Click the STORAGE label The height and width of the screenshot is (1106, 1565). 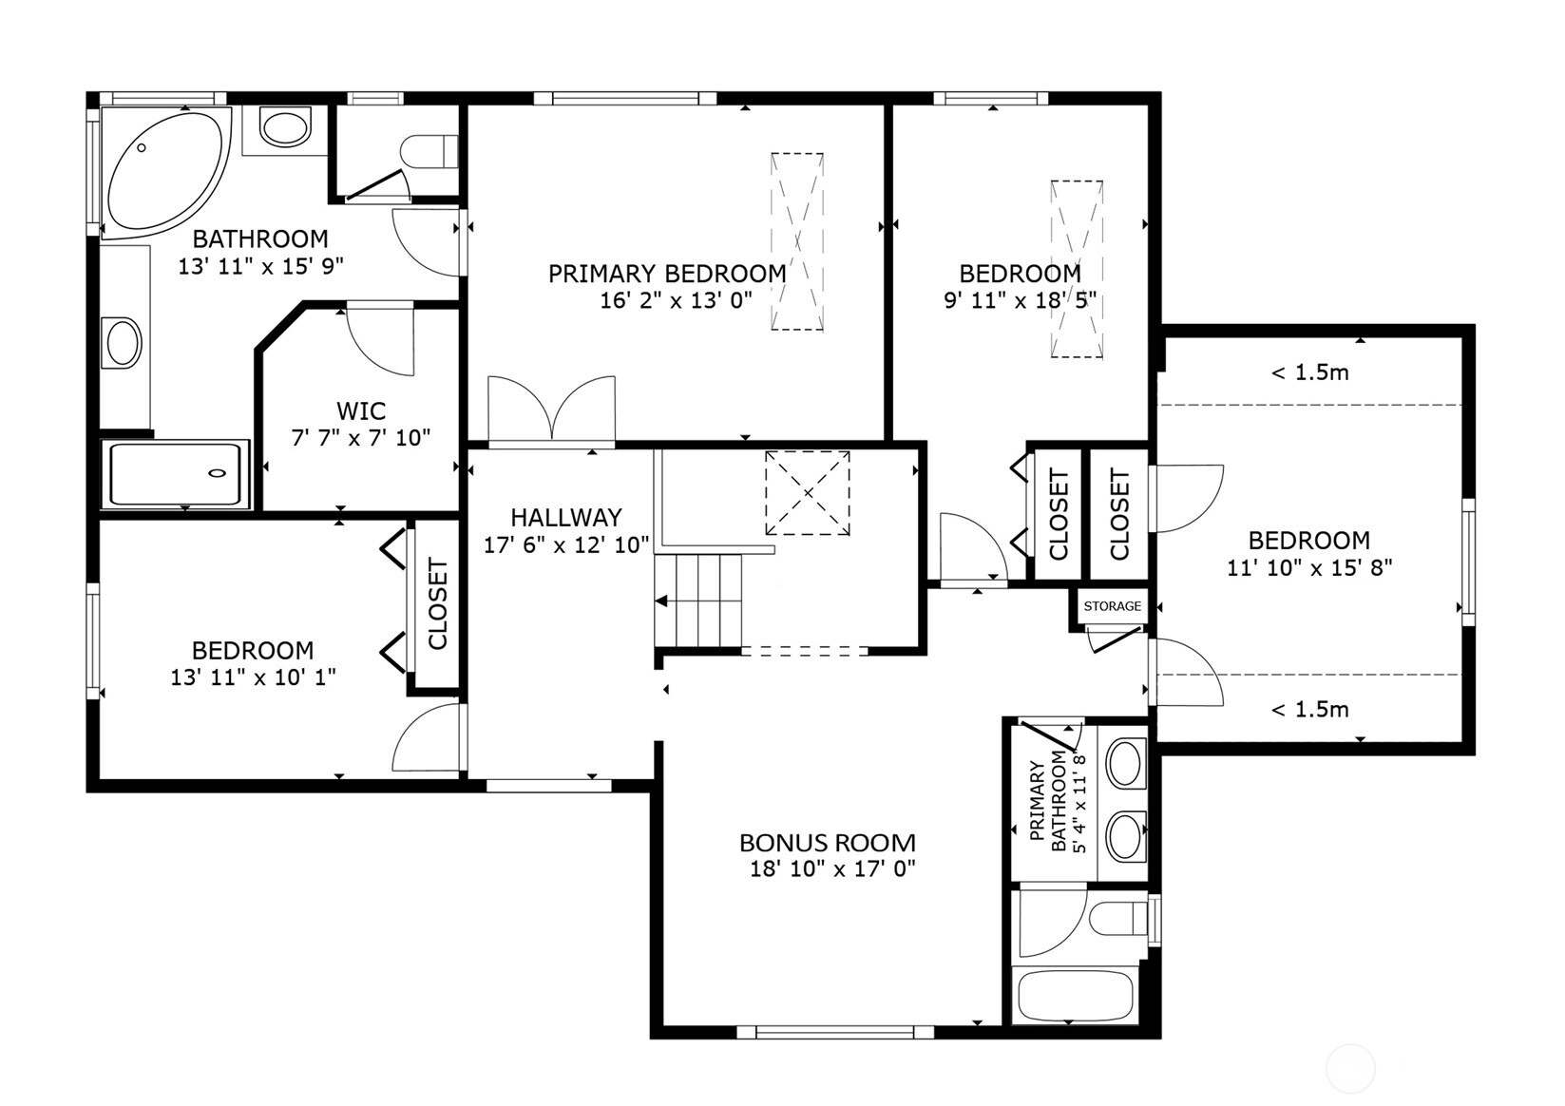click(1113, 606)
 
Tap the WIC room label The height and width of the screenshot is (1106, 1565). click(361, 410)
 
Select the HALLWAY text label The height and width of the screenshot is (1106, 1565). click(566, 518)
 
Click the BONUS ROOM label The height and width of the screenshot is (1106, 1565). click(828, 844)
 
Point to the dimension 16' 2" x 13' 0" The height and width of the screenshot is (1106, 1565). click(677, 300)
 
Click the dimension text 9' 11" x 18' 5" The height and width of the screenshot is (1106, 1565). click(1020, 300)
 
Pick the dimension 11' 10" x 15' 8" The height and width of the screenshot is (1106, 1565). click(1309, 567)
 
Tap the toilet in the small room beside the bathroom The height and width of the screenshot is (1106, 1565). click(429, 152)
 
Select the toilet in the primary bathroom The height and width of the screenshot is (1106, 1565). click(1119, 918)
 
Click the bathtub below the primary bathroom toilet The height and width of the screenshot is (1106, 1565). click(1076, 994)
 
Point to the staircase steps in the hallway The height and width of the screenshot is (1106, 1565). click(698, 601)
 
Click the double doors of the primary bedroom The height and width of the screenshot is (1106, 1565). click(552, 410)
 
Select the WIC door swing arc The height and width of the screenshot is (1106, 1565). click(381, 342)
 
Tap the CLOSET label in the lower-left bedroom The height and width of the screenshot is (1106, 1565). click(437, 603)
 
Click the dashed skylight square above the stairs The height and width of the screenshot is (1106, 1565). click(808, 493)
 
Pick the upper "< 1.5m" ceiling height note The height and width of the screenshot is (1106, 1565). click(1310, 372)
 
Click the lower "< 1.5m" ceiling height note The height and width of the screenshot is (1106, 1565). click(1310, 710)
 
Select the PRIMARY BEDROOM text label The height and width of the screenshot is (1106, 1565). click(667, 274)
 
